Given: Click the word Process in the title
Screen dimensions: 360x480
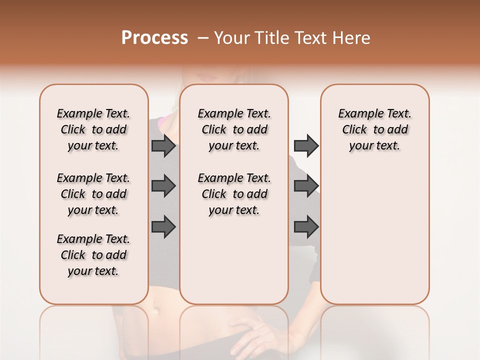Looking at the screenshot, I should (154, 38).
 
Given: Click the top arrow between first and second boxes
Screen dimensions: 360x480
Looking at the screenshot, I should (163, 146).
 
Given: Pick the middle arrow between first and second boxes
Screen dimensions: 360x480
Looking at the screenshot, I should (163, 186).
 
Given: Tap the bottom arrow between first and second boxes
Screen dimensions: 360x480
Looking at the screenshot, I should (163, 226).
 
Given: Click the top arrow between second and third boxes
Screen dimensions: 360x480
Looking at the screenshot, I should (306, 146).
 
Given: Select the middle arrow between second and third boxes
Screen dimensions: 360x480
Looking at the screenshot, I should (306, 186).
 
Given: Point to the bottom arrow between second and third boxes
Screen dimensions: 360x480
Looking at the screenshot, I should (306, 226).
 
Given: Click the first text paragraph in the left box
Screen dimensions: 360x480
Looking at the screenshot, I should (93, 129).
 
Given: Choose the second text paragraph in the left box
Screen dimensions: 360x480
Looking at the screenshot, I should (93, 194).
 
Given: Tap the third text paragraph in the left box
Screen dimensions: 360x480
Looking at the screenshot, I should (93, 255).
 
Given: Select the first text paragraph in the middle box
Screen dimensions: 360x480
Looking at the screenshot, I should (234, 129).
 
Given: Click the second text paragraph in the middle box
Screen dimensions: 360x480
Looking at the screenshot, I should (234, 194).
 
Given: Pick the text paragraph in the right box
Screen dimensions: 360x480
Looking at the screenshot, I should (374, 129).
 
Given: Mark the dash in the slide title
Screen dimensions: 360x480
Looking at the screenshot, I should (203, 38).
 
